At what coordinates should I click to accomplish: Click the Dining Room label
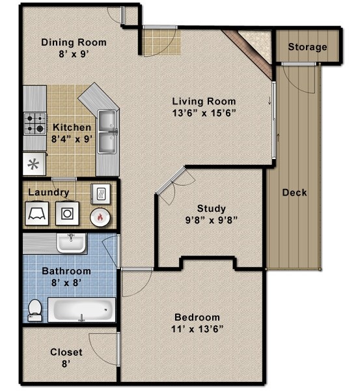pyautogui.click(x=74, y=42)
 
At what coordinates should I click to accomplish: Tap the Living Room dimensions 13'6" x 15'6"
pyautogui.click(x=204, y=113)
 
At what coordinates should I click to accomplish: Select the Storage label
pyautogui.click(x=307, y=47)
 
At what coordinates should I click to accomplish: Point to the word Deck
pyautogui.click(x=294, y=193)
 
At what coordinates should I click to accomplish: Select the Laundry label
pyautogui.click(x=48, y=192)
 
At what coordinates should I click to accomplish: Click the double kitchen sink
pyautogui.click(x=108, y=129)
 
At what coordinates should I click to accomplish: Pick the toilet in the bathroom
pyautogui.click(x=35, y=310)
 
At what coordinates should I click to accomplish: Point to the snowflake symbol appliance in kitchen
pyautogui.click(x=35, y=162)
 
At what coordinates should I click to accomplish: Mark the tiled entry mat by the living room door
pyautogui.click(x=157, y=42)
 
